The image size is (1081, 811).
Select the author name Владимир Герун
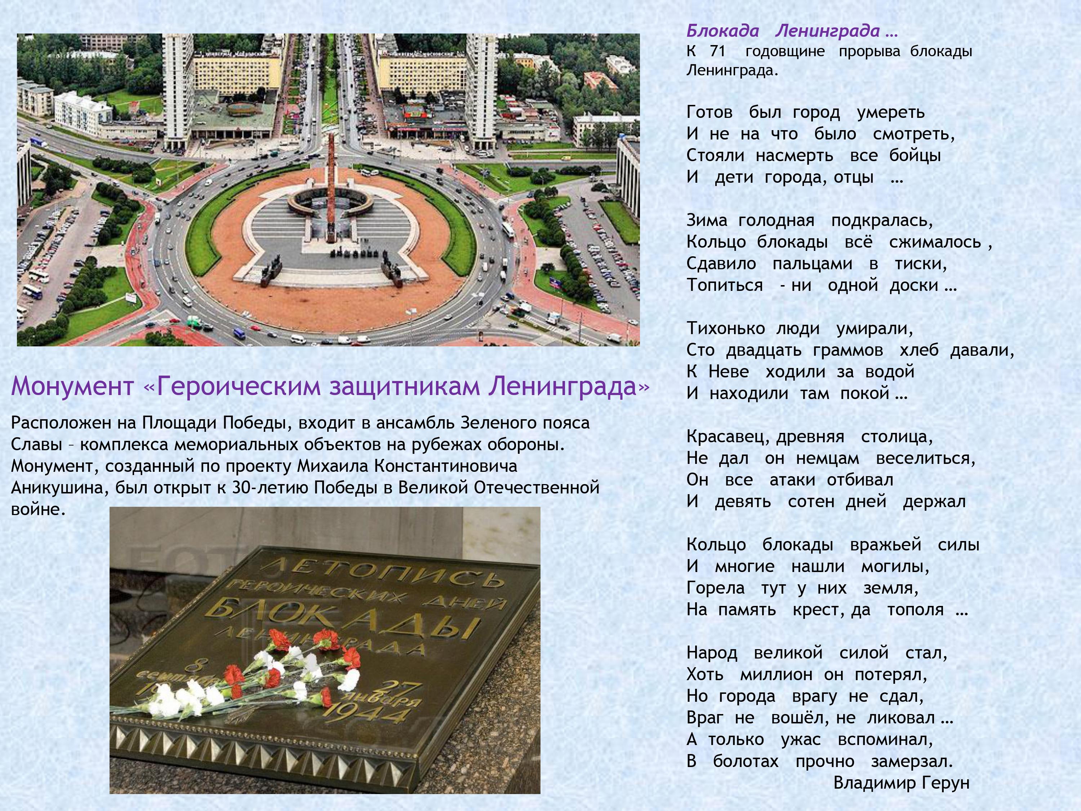click(x=901, y=783)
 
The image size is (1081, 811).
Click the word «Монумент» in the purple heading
click(x=72, y=386)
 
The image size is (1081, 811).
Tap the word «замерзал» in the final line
click(x=912, y=761)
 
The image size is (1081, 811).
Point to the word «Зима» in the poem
click(x=707, y=221)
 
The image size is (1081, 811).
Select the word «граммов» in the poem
click(x=848, y=350)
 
